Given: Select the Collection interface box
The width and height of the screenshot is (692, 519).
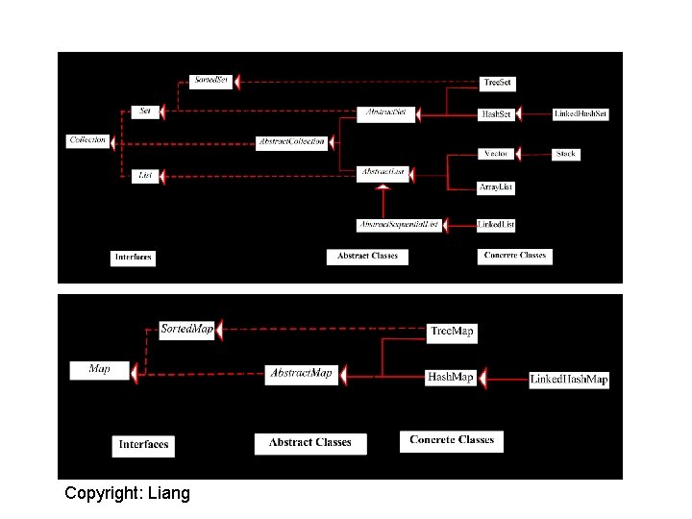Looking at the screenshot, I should point(87,140).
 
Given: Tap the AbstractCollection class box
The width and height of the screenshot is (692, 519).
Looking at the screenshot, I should point(292,142).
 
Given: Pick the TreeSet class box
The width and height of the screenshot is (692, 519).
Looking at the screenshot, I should point(497,84).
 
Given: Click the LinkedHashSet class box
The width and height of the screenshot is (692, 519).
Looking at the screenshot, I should point(581,114).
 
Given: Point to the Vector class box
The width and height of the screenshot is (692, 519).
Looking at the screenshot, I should point(496,154).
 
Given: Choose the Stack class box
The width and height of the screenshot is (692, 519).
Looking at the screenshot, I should point(565,154).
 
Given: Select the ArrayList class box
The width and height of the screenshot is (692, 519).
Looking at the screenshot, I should point(496,186).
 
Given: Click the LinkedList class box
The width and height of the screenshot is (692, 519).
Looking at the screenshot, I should point(496,224).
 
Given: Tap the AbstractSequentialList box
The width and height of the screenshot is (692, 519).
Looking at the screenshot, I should point(398,224).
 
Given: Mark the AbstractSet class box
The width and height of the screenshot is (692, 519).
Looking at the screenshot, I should point(384,112).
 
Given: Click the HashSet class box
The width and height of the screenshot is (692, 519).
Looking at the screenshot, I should point(496,114).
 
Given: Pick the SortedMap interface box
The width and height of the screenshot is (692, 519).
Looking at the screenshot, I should point(186,330).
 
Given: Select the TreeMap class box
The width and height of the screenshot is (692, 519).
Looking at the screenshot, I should point(451,332).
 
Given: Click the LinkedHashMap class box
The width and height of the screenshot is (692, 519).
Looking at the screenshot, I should point(569,379).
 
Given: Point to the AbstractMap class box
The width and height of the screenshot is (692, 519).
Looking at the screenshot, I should point(301,373).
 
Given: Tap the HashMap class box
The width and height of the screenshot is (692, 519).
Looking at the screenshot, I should point(450,377).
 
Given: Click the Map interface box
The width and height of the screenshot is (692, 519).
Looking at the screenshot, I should point(99,369).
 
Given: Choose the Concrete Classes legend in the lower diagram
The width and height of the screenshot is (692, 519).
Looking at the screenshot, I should point(451,440).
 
